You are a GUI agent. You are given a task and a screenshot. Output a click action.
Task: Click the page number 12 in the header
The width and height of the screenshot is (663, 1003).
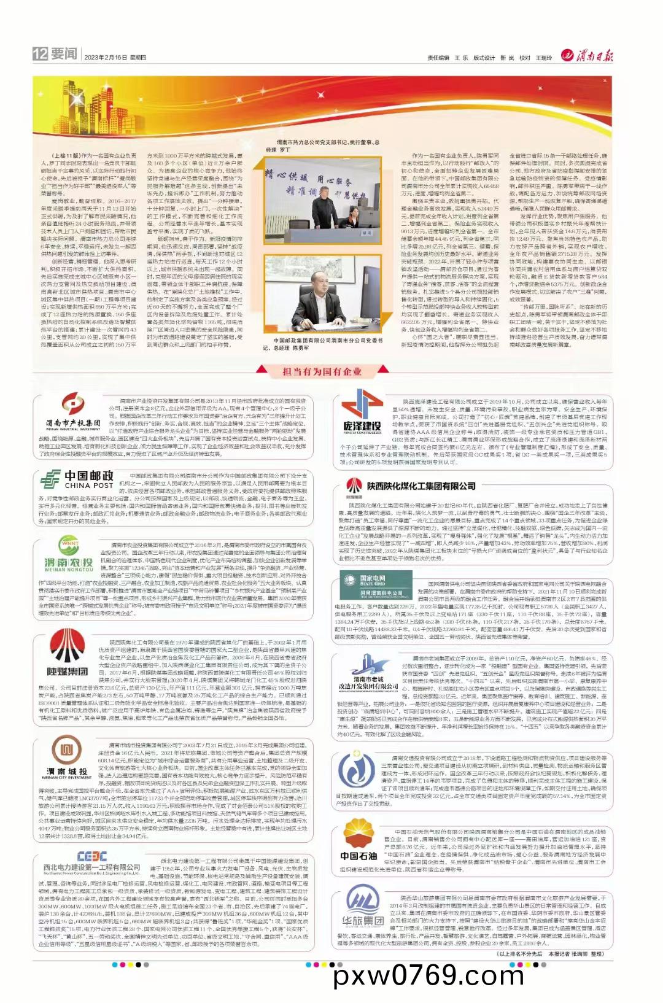click(40, 54)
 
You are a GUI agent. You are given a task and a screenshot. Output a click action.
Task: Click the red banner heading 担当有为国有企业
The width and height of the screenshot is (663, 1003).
click(322, 371)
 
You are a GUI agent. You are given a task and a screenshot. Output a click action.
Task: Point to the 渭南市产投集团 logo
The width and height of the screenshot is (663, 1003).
click(72, 413)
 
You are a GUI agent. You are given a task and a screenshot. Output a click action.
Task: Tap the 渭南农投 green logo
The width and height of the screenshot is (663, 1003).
click(69, 556)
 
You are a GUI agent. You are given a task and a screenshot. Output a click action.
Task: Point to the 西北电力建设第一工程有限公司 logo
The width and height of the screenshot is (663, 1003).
click(92, 862)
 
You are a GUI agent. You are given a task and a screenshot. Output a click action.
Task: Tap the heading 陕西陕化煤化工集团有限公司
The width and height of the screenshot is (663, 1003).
click(421, 486)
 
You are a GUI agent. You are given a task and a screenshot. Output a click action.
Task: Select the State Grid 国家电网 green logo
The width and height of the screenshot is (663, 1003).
click(374, 589)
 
